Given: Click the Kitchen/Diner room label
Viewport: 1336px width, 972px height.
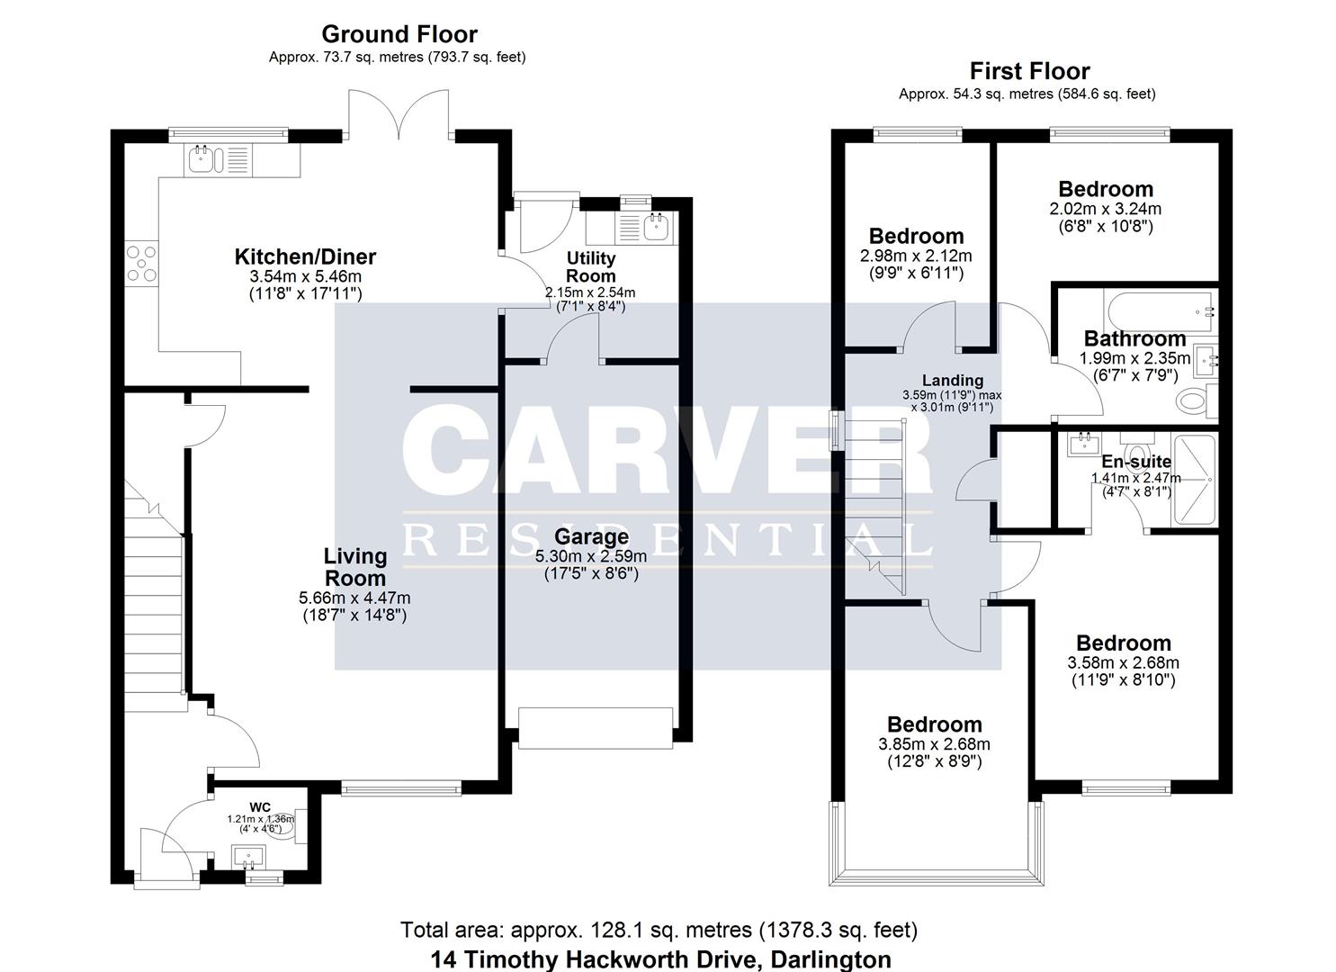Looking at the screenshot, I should (x=305, y=256).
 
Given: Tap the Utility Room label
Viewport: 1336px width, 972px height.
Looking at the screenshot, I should (x=590, y=267).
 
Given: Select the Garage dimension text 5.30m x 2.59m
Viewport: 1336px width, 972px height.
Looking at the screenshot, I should (x=590, y=556).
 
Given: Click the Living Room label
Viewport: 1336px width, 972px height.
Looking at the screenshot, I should (x=355, y=567).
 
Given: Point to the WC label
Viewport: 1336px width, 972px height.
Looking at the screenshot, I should (x=260, y=806).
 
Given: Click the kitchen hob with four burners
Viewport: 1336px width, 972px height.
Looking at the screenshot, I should (x=141, y=264).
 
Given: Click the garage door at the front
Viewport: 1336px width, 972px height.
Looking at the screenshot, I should (x=595, y=727).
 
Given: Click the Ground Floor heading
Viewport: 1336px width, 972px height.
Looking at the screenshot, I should (x=399, y=34).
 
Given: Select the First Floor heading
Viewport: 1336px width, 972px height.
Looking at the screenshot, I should (x=1029, y=71).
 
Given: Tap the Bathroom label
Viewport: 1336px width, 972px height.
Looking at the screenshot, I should (x=1134, y=338).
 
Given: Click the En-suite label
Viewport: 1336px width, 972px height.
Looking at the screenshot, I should (x=1136, y=462).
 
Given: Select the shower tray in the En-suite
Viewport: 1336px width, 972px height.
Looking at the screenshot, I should (x=1194, y=481).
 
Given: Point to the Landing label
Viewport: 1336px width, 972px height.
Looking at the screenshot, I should (x=952, y=381).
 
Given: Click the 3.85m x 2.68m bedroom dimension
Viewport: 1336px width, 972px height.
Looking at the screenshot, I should (x=933, y=744).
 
